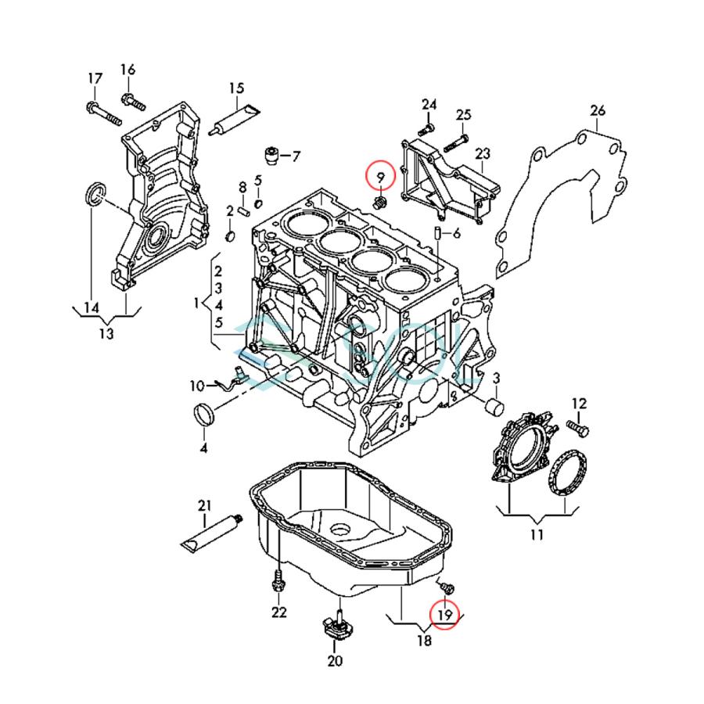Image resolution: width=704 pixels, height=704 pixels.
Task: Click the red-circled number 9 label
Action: tap(379, 174)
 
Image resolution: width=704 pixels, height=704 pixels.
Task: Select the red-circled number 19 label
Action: tap(444, 615)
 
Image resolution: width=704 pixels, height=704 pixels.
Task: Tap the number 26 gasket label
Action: tap(598, 111)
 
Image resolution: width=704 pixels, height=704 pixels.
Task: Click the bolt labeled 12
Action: tap(576, 429)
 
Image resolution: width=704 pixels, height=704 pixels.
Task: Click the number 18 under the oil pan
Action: tap(424, 641)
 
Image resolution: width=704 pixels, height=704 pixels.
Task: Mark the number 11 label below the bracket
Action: tap(536, 535)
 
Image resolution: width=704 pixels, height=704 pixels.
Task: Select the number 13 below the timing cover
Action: tap(106, 334)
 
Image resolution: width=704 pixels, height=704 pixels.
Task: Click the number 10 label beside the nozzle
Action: tap(196, 385)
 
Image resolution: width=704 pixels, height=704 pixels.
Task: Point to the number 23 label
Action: tap(482, 153)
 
